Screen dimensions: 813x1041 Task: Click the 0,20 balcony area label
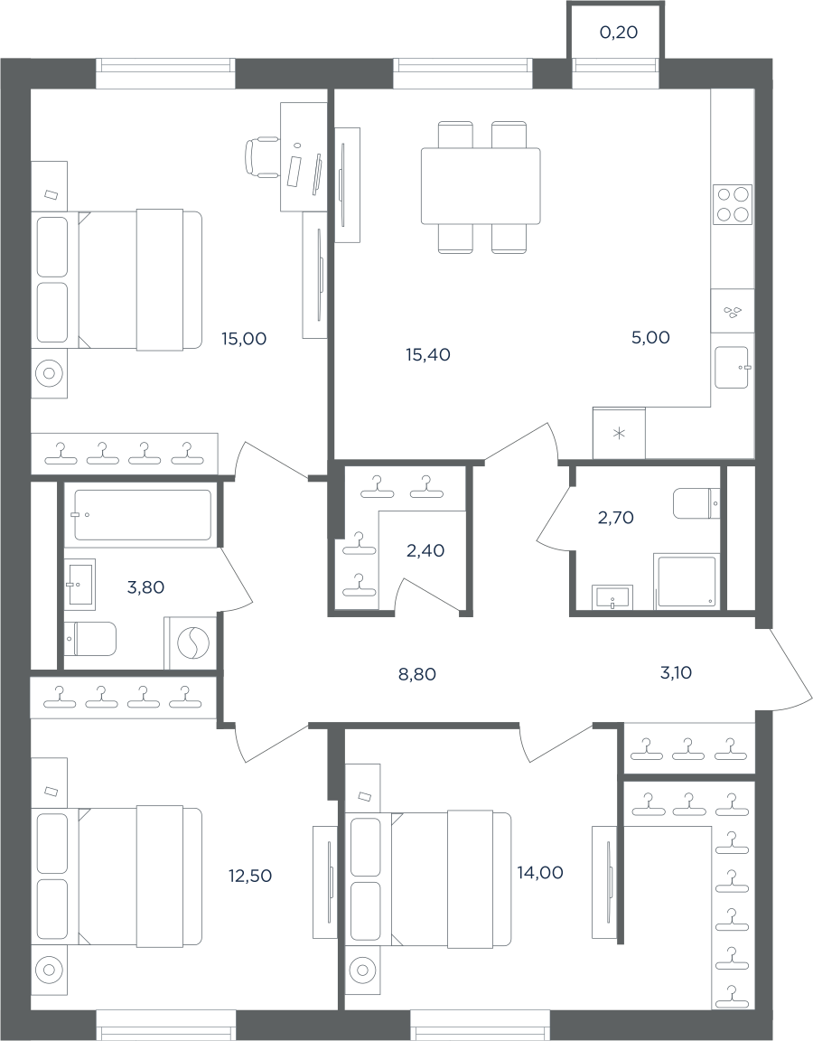click(x=619, y=32)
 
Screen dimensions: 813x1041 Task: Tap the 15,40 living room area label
click(x=428, y=355)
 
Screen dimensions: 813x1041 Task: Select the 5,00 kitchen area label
click(x=650, y=337)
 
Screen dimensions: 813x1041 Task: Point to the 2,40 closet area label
click(x=425, y=550)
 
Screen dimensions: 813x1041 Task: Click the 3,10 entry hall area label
click(x=677, y=673)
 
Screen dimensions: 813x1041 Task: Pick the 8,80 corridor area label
click(x=417, y=675)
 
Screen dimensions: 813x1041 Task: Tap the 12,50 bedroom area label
click(x=250, y=876)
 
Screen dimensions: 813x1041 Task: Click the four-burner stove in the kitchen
click(x=733, y=204)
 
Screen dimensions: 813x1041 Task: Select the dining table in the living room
click(x=481, y=186)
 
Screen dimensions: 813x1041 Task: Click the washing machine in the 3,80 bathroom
click(x=192, y=642)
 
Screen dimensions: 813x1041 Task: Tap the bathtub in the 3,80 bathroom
click(x=143, y=515)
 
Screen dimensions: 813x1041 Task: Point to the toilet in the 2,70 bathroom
click(x=696, y=504)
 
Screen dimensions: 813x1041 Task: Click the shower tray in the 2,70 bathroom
click(x=687, y=582)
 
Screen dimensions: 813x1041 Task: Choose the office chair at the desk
click(x=261, y=156)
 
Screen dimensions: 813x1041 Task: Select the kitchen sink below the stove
click(x=732, y=368)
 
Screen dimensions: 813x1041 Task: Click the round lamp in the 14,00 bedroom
click(x=363, y=971)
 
